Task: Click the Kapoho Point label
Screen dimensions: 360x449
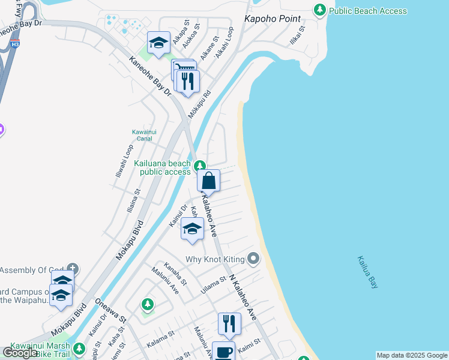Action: tap(273, 19)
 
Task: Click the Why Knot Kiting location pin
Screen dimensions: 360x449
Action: tap(253, 259)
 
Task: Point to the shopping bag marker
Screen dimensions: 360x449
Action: tap(208, 181)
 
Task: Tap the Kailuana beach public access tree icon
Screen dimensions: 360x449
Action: tap(199, 166)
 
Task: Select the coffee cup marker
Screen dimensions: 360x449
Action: tap(223, 352)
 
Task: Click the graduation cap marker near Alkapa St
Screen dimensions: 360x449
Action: tap(158, 43)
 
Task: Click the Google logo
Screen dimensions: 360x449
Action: tap(20, 353)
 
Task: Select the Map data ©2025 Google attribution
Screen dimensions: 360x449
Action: tap(412, 355)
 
